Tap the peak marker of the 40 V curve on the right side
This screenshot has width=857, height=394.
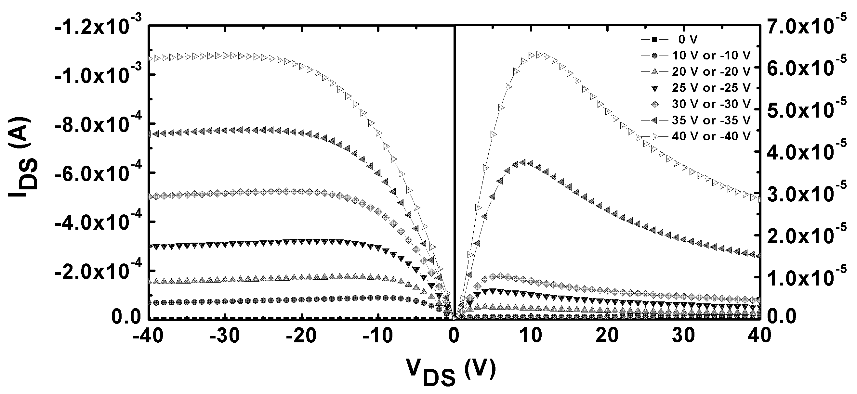[539, 55]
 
